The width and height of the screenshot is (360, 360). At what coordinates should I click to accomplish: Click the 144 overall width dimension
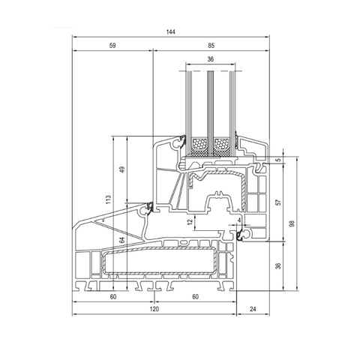[170, 32]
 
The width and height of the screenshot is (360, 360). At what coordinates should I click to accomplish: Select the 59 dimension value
[112, 46]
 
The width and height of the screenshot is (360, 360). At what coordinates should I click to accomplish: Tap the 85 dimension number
[211, 46]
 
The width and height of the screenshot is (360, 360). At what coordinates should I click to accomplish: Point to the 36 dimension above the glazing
[211, 59]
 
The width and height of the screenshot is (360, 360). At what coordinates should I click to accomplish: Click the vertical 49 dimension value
[122, 169]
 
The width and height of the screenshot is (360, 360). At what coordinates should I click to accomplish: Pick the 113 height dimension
[108, 199]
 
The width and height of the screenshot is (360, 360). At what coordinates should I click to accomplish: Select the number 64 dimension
[121, 240]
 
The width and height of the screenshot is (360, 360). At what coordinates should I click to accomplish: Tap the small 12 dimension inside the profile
[190, 221]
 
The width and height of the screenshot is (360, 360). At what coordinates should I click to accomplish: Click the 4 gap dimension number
[239, 220]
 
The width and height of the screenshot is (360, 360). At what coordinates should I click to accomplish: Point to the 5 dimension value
[280, 159]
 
